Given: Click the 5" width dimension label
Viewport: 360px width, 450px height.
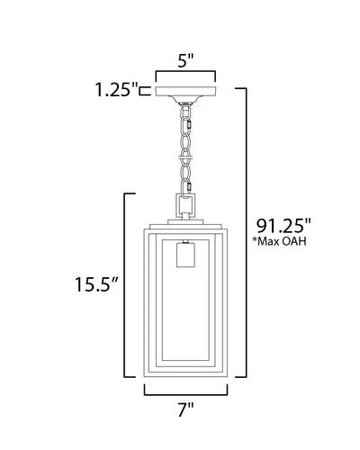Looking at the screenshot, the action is click(185, 61).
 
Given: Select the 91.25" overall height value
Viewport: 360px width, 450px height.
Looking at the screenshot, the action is click(283, 226).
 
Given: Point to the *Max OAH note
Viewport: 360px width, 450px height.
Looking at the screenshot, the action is click(279, 241).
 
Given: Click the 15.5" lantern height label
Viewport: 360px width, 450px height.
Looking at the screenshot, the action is click(95, 284).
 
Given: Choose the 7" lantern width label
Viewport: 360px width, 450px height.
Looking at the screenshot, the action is click(186, 409).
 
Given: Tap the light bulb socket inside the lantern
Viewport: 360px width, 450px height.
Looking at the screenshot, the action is click(186, 255).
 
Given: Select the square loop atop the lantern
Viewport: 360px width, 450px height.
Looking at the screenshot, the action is click(185, 206).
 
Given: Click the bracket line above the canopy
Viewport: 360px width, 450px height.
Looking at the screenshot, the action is click(185, 72).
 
